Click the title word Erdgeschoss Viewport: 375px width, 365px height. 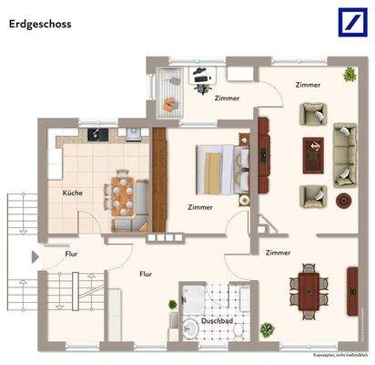[42, 25]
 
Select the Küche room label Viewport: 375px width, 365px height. [73, 193]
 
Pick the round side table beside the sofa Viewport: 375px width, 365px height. [344, 200]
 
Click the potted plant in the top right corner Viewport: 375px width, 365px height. [349, 74]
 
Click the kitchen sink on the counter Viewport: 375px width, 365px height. [134, 135]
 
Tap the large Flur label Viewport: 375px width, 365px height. [145, 273]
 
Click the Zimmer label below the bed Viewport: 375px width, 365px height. [199, 207]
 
